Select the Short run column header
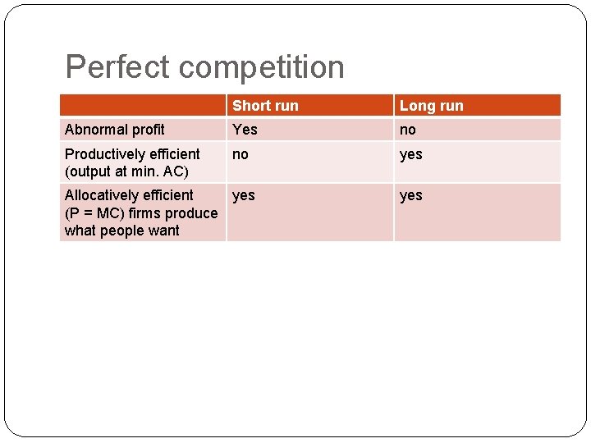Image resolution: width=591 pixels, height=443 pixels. [265, 106]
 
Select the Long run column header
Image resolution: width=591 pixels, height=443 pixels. [431, 106]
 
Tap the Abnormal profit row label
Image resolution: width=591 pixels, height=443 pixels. [114, 130]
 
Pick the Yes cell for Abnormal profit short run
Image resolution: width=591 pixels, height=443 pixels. [245, 130]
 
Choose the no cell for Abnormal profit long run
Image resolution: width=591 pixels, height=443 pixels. [408, 130]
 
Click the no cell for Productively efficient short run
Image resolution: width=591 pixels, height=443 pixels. [241, 153]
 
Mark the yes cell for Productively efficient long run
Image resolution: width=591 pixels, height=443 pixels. [410, 153]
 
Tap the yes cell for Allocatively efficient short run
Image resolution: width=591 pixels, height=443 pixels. [244, 195]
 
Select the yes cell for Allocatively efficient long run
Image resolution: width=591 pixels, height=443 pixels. [410, 195]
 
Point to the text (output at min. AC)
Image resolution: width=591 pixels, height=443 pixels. [126, 171]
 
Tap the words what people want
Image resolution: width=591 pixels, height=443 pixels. [121, 231]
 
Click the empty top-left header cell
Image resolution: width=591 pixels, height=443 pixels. [143, 106]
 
